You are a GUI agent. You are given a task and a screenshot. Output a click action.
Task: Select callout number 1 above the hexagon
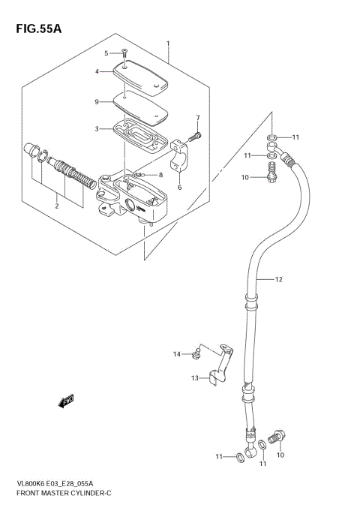pyautogui.click(x=169, y=44)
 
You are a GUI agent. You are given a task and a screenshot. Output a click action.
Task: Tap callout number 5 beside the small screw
pyautogui.click(x=106, y=53)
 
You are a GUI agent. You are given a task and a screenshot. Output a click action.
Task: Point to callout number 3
pyautogui.click(x=97, y=129)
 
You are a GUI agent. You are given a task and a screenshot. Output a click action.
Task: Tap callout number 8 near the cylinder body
pyautogui.click(x=160, y=175)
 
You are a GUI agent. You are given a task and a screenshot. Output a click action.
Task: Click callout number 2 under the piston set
pyautogui.click(x=56, y=205)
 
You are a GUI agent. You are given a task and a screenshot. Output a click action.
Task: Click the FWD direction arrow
pyautogui.click(x=67, y=401)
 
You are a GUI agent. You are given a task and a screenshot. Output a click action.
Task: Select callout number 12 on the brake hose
pyautogui.click(x=278, y=280)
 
